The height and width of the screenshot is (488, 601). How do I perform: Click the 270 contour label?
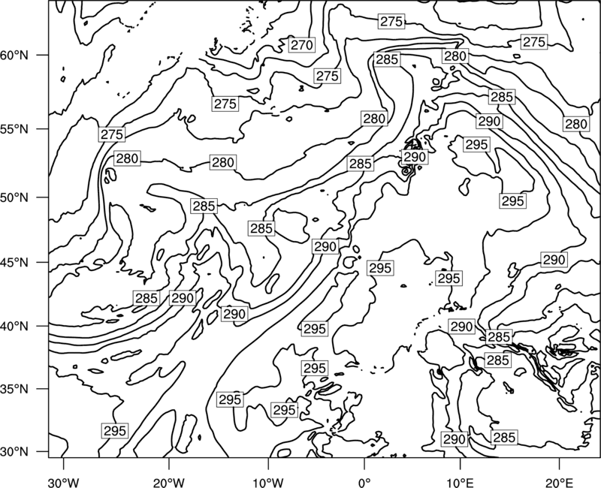(302, 45)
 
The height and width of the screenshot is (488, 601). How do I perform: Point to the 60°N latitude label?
(14, 56)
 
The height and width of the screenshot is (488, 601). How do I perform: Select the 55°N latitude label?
(14, 129)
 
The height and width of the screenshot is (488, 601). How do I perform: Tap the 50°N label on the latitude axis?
(14, 197)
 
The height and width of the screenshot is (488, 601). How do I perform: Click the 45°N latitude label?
(14, 263)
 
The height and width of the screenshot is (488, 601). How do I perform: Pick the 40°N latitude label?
(14, 327)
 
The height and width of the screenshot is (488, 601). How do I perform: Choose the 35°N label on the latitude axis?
(14, 389)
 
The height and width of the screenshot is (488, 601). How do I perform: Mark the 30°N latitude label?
(14, 452)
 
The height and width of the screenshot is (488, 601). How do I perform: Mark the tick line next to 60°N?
(43, 55)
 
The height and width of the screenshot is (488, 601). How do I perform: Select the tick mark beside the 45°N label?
(43, 262)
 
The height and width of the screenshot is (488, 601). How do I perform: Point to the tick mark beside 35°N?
(43, 389)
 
